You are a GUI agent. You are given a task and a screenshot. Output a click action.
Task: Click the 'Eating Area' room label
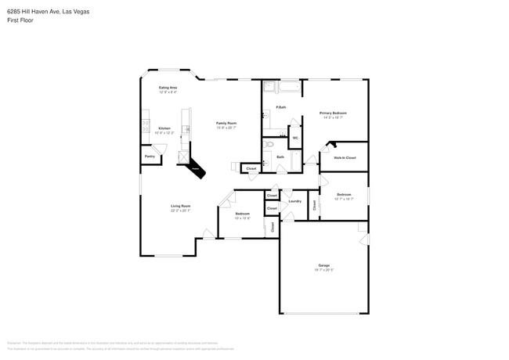[168, 87]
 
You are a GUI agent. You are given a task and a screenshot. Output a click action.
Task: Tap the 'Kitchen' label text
[164, 128]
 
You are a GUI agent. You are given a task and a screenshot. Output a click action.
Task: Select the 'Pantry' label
[150, 157]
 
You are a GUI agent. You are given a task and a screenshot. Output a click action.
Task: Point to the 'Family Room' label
[226, 123]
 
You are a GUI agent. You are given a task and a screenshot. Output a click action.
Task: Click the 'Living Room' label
[181, 206]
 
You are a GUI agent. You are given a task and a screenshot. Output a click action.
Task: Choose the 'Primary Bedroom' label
[333, 113]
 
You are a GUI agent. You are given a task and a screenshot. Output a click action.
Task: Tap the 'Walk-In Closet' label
[345, 158]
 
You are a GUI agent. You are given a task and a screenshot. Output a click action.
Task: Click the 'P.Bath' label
[280, 107]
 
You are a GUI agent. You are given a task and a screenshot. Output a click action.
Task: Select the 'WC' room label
[295, 138]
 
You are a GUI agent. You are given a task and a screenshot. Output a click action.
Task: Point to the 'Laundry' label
[294, 201]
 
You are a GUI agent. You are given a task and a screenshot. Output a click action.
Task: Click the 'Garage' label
[323, 265]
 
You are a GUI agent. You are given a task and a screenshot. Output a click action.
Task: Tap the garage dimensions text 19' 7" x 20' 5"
[323, 270]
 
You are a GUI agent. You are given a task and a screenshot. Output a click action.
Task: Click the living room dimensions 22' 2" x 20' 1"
[181, 211]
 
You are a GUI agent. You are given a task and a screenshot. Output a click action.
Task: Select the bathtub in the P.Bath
[282, 86]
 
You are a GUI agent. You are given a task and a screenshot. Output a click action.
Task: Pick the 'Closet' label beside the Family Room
[251, 168]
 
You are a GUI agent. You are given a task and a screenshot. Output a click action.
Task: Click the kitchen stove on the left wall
[146, 124]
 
